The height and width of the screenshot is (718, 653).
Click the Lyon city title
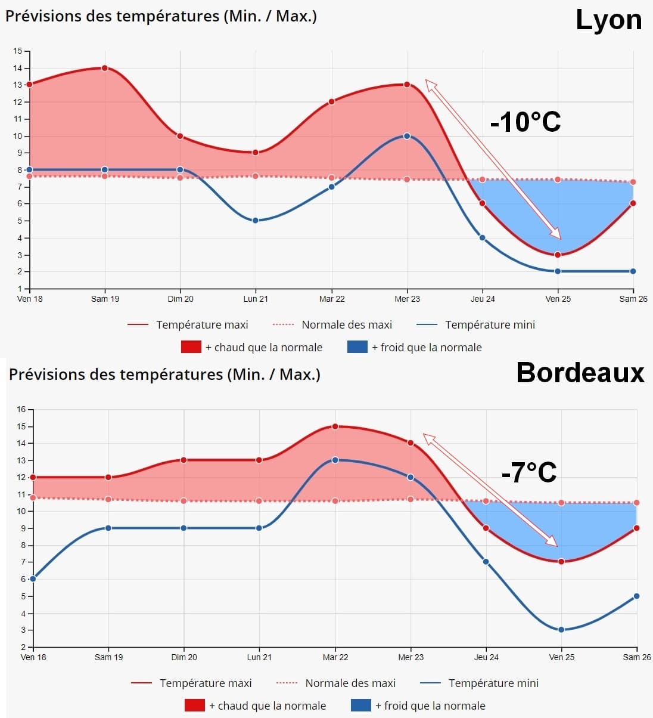(608, 20)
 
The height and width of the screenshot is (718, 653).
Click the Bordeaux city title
(580, 373)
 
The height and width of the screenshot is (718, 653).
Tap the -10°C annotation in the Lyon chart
(525, 122)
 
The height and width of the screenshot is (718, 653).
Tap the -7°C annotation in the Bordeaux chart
(528, 472)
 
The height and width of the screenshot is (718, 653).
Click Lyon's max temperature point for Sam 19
(105, 68)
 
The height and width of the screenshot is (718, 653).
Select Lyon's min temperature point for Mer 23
(407, 136)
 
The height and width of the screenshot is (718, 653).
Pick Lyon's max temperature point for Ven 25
(558, 255)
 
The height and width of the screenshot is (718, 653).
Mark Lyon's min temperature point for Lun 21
(256, 221)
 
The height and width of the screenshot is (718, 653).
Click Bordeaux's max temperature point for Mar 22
(335, 426)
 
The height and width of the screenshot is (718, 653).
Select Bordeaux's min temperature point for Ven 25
(561, 630)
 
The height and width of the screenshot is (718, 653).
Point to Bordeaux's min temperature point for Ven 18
(33, 579)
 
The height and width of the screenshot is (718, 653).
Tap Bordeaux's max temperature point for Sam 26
(636, 528)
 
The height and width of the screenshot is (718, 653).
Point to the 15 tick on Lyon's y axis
(17, 51)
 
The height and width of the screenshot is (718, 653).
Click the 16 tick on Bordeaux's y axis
(21, 410)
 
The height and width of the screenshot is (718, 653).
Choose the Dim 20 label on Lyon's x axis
(180, 299)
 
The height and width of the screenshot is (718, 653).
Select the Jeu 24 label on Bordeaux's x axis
(486, 657)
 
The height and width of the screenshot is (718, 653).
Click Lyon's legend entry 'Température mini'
(490, 325)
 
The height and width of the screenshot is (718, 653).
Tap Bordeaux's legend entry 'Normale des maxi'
(350, 683)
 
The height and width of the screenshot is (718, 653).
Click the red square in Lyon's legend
(191, 347)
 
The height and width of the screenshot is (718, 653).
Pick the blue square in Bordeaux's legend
(361, 705)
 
